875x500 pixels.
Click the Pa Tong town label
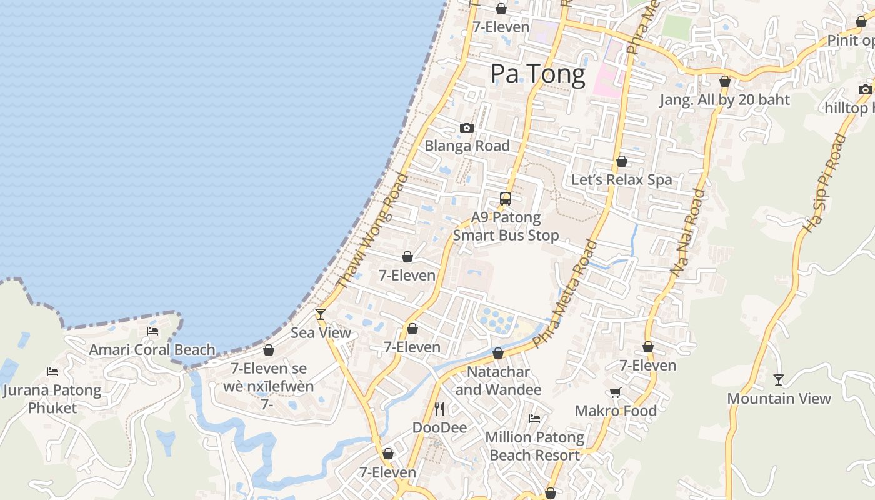tap(537, 74)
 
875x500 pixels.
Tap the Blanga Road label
tap(467, 146)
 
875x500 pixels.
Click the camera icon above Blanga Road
tap(466, 127)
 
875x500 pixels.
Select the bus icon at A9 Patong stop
tap(506, 199)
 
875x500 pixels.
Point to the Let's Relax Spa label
tap(622, 180)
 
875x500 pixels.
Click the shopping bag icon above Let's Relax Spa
tap(622, 161)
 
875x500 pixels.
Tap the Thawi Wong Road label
tap(372, 231)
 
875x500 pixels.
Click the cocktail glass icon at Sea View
tap(321, 314)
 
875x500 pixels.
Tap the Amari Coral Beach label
tap(152, 349)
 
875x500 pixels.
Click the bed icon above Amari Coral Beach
tap(152, 331)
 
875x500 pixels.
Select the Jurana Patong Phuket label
tap(52, 399)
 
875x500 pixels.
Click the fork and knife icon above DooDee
tap(439, 409)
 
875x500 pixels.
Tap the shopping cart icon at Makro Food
tap(616, 392)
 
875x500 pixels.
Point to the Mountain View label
tap(779, 399)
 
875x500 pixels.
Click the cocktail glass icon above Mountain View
tap(779, 379)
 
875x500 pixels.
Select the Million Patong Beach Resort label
tap(535, 446)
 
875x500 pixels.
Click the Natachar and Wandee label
tap(498, 381)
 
